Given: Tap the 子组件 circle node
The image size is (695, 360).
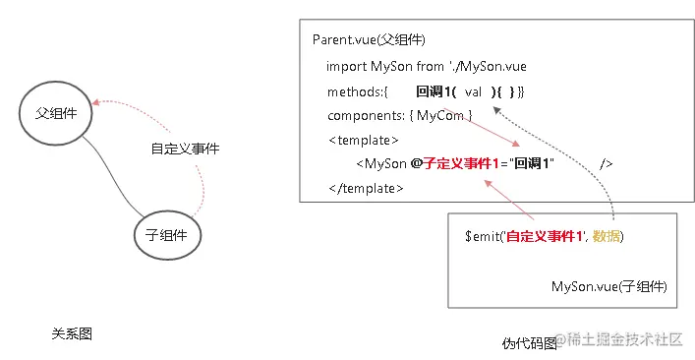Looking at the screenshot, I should coord(166,234).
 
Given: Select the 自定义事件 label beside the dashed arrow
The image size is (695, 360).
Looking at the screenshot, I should coord(185,150).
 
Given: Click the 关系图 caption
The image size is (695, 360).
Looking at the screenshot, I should coord(72,333).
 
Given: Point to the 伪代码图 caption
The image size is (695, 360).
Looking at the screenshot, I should coord(529,343).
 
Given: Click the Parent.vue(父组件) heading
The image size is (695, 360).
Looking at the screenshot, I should coord(368,40).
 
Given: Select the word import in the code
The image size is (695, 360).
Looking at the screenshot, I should coord(346,66).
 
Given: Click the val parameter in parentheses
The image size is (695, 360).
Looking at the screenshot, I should coord(473,91).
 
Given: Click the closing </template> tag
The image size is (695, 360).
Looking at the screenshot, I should coord(366,188).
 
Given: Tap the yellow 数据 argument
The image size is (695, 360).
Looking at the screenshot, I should coord(606,237).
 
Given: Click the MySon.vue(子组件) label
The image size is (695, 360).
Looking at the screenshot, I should coord(609,286).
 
